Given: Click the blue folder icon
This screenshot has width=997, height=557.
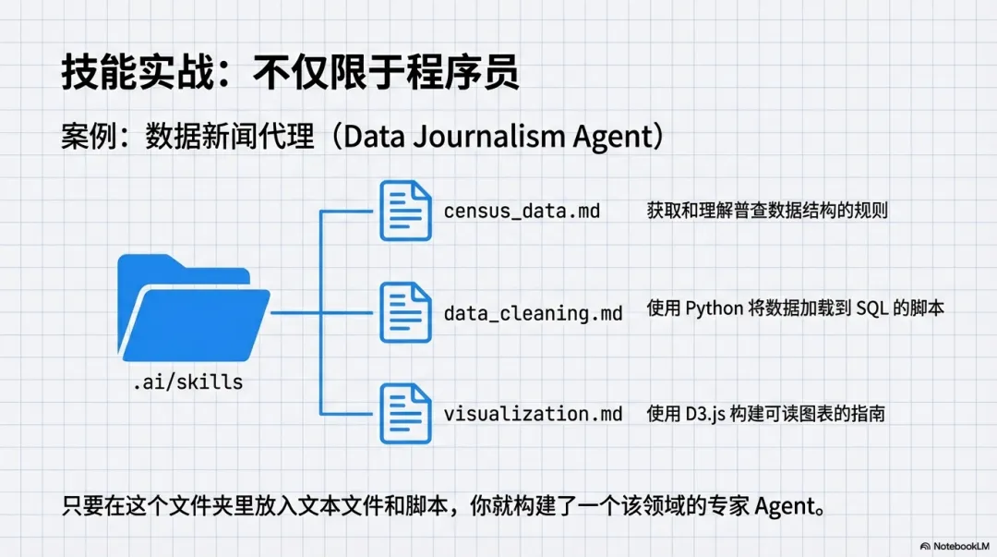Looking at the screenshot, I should (193, 309).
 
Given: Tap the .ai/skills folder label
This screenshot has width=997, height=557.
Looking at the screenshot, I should (187, 381).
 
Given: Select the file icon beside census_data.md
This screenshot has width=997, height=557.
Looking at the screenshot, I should (406, 211).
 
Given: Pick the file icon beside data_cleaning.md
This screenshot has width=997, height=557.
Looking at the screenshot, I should (406, 312).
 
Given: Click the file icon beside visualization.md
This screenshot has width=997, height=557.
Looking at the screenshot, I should (406, 413).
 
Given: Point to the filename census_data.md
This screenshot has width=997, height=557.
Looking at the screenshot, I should (522, 212).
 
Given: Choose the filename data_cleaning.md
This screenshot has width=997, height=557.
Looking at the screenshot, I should (533, 313).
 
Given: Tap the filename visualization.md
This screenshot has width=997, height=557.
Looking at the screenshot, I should (533, 414).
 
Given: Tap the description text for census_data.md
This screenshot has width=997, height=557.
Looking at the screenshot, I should (766, 210).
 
